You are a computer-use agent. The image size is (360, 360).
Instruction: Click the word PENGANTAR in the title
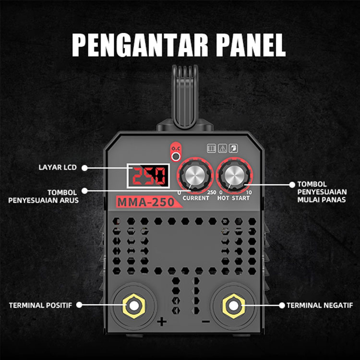click(x=140, y=45)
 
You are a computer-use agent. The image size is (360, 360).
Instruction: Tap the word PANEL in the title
click(x=251, y=45)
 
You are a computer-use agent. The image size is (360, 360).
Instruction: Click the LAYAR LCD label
click(x=58, y=168)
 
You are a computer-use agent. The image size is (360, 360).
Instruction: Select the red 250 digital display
click(x=148, y=176)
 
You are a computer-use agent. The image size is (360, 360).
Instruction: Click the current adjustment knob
click(x=195, y=175)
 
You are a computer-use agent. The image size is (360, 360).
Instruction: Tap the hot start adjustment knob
click(x=234, y=175)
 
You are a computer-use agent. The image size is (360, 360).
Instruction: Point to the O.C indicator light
click(x=176, y=156)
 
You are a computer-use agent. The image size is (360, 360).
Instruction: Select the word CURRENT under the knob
click(x=196, y=198)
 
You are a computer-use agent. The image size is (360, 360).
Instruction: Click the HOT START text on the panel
click(x=233, y=198)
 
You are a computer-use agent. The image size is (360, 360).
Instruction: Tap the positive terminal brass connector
click(x=134, y=306)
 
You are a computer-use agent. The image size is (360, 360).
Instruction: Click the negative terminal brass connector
click(x=233, y=306)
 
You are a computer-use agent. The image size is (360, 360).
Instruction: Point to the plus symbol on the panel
click(x=162, y=322)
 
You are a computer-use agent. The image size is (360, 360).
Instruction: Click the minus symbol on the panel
click(x=206, y=322)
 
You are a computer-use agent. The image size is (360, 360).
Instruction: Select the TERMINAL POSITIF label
click(x=40, y=305)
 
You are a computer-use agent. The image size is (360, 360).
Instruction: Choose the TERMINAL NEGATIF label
click(x=320, y=305)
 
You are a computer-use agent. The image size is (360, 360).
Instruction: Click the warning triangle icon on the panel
click(x=222, y=148)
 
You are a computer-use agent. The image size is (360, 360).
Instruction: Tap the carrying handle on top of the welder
click(x=185, y=96)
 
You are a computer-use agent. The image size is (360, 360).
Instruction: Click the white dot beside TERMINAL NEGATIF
click(x=282, y=305)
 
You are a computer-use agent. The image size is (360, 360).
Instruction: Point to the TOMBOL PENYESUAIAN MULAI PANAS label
click(x=322, y=192)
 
